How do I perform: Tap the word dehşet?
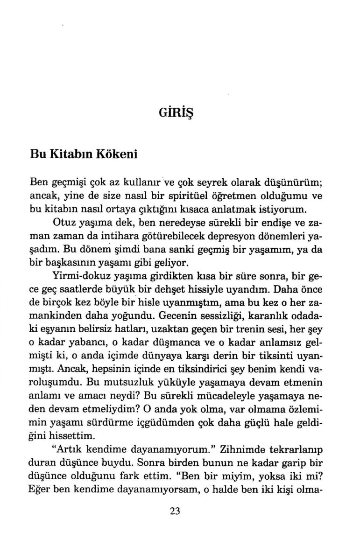point(191,289)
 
